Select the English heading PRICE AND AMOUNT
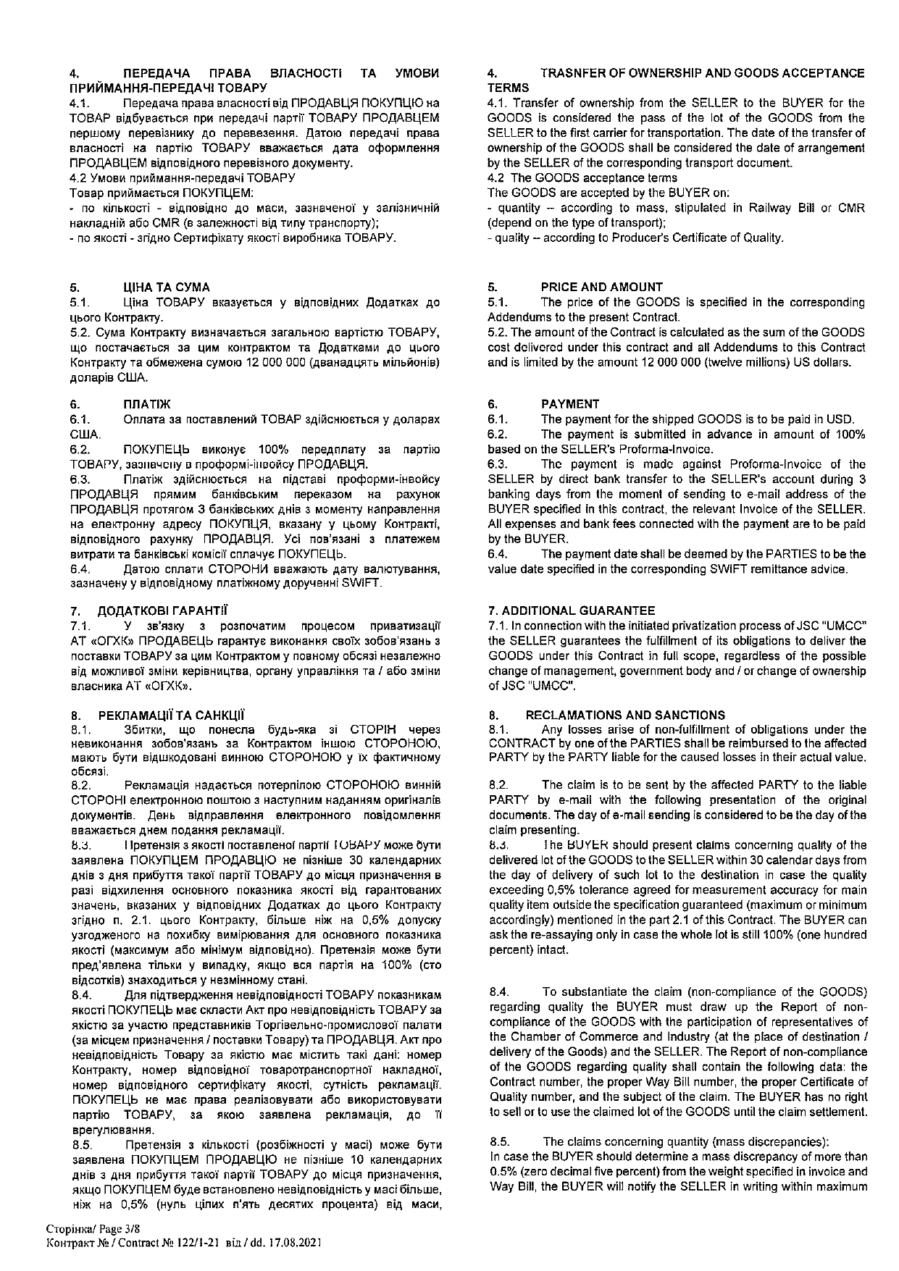[601, 287]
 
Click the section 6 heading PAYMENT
[570, 404]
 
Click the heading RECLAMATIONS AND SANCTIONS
[625, 715]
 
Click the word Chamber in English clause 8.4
[532, 1036]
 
